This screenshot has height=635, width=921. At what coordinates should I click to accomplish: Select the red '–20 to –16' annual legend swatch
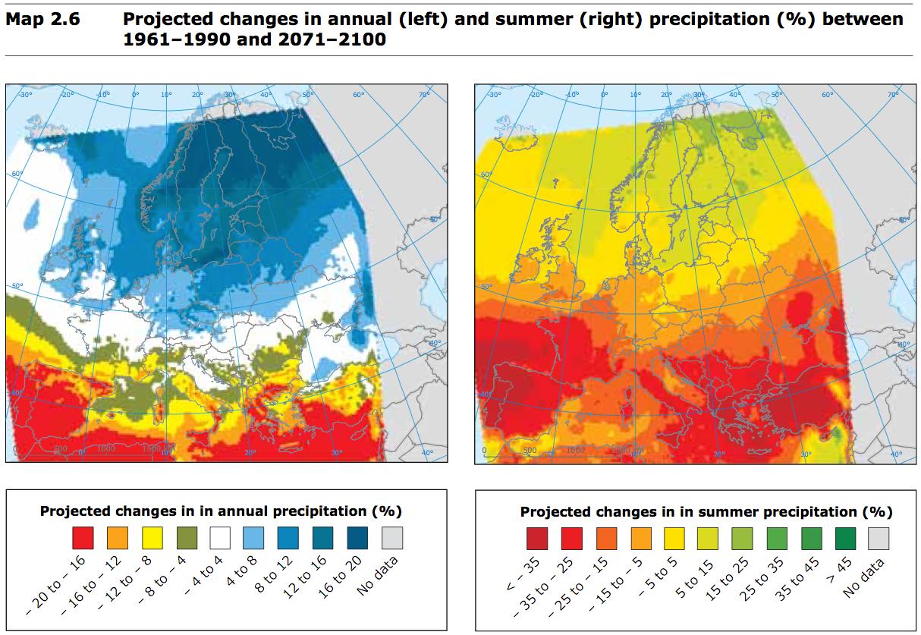tap(83, 538)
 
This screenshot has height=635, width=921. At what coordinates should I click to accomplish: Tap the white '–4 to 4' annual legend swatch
tap(222, 538)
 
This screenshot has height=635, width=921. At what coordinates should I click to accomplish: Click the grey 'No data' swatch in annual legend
tap(392, 538)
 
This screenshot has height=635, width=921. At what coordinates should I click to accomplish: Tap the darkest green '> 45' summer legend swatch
tap(846, 539)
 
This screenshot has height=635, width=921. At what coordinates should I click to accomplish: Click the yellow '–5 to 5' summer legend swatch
tap(674, 539)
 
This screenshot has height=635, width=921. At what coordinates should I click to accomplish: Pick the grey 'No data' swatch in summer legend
tap(879, 539)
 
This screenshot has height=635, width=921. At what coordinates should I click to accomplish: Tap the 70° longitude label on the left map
tap(424, 94)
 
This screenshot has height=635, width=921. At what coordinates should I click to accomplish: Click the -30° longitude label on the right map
tap(493, 94)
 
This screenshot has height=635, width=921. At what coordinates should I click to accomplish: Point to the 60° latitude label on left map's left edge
tap(17, 174)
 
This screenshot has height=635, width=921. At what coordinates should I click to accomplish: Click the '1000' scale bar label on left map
tap(105, 449)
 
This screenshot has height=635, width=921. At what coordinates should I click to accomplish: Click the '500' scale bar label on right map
tap(529, 450)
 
